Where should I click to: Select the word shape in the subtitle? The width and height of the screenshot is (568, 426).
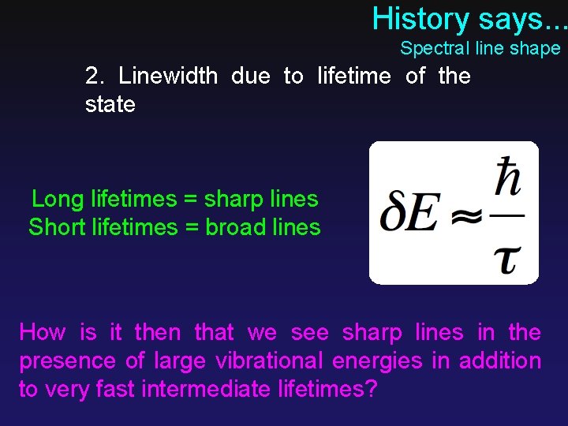(x=534, y=49)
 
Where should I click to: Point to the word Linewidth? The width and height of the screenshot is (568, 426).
(x=168, y=76)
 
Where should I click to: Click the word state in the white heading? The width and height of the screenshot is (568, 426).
(x=110, y=104)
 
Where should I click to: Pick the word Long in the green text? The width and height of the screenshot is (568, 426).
(x=58, y=200)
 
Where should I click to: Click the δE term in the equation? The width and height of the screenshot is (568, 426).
(x=408, y=215)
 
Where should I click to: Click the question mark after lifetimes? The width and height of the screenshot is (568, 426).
(x=371, y=390)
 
